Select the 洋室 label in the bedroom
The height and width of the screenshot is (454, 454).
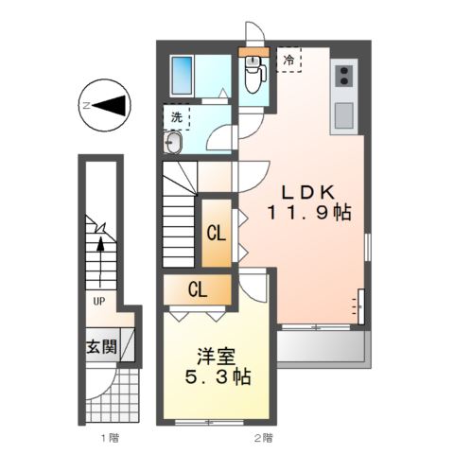(x=217, y=358)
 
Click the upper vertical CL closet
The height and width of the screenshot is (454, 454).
(x=216, y=231)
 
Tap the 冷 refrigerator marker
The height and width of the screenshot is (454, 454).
(x=288, y=60)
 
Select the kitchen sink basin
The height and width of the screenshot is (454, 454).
(x=343, y=115)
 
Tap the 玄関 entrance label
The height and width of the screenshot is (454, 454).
(x=103, y=347)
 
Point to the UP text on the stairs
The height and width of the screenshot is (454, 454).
(x=98, y=302)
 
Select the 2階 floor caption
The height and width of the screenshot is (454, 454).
(x=262, y=438)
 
